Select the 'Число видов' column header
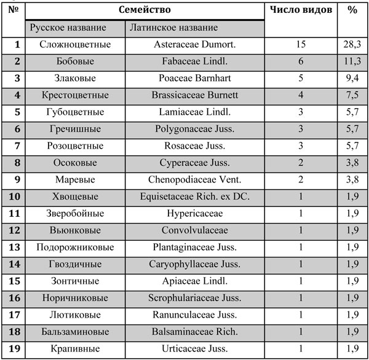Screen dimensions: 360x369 click(x=301, y=10)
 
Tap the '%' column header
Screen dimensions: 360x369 click(x=352, y=10)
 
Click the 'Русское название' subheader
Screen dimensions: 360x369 click(x=68, y=28)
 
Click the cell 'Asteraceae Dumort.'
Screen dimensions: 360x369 click(x=195, y=44)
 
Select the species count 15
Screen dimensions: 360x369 click(x=301, y=44)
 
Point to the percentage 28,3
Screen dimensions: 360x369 click(x=352, y=44)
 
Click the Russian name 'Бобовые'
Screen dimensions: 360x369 click(x=73, y=61)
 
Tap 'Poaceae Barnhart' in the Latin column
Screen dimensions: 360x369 click(x=195, y=79)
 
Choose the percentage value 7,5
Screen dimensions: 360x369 click(x=352, y=95)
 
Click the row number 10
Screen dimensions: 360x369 click(x=15, y=197)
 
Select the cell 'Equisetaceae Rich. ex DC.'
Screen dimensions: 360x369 click(x=195, y=197)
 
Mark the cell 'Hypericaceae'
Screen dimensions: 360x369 click(x=195, y=214)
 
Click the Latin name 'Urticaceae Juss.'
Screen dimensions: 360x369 click(x=195, y=349)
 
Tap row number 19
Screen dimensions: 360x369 click(x=15, y=349)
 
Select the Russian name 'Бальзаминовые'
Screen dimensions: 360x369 click(x=73, y=332)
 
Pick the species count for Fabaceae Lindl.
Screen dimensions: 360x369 click(x=301, y=61)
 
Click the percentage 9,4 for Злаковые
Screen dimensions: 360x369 click(x=352, y=79)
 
